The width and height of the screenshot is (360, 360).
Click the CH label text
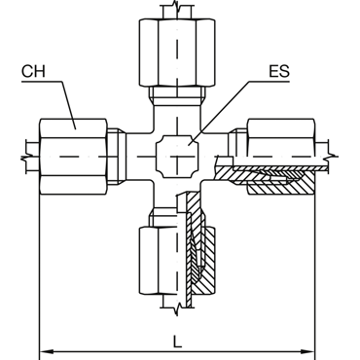point(33,71)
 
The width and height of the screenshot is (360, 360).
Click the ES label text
point(279,71)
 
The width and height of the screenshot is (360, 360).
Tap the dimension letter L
point(177,342)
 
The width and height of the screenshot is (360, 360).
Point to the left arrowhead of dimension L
point(46,351)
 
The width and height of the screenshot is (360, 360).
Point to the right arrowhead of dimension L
point(308,351)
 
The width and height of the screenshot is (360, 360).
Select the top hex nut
point(177,53)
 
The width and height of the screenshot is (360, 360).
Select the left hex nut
point(73,157)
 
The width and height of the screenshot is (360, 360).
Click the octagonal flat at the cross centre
point(177,157)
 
